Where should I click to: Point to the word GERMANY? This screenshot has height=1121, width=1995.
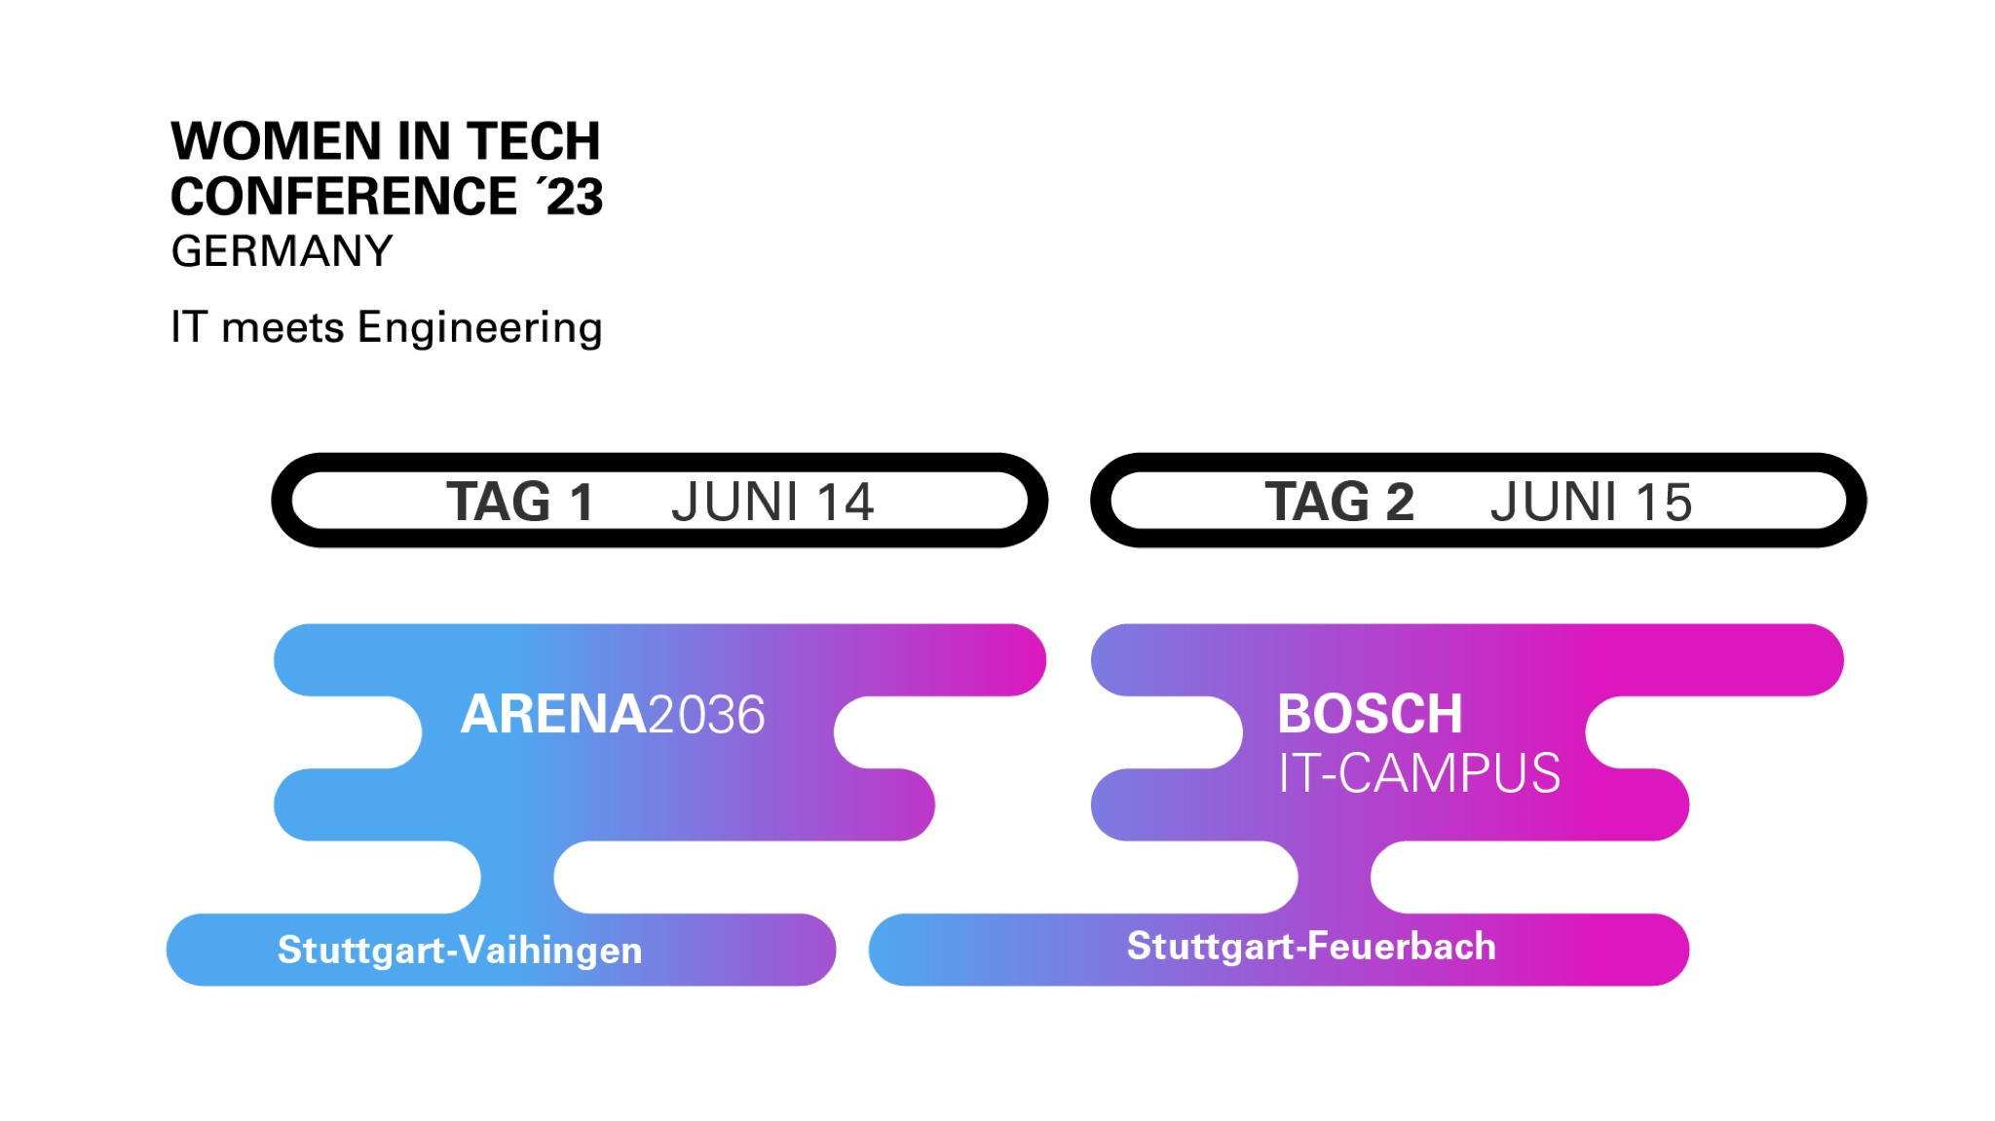(x=282, y=251)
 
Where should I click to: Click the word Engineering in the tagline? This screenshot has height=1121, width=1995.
(x=480, y=328)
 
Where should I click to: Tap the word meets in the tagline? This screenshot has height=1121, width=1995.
(x=282, y=328)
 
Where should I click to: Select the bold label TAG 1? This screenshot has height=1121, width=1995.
(x=520, y=502)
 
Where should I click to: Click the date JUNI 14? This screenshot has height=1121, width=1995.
(x=772, y=502)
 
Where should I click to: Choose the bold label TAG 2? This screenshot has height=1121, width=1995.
(x=1339, y=502)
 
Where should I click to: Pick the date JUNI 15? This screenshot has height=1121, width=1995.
(x=1592, y=502)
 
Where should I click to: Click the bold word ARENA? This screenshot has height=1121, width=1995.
(x=553, y=714)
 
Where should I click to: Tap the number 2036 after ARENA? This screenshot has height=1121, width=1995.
(x=706, y=714)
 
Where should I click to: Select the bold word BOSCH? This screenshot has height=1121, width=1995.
(x=1370, y=714)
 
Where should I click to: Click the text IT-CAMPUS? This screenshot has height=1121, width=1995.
(x=1419, y=773)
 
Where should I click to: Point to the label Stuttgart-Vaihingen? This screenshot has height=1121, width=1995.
(x=460, y=950)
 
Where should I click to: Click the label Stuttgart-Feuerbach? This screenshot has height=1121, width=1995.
(x=1311, y=946)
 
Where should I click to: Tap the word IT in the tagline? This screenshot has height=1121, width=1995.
(x=189, y=327)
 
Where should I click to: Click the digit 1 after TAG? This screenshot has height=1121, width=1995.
(x=582, y=502)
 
